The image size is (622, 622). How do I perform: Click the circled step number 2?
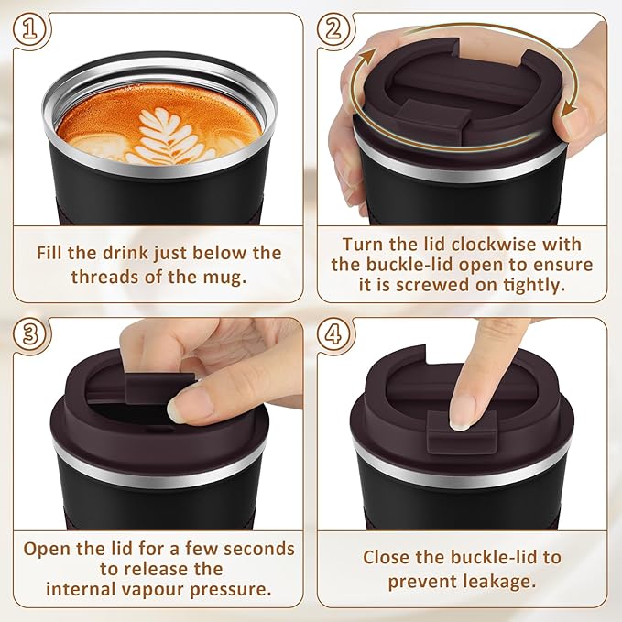pyautogui.click(x=335, y=31)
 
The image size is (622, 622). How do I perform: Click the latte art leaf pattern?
pyautogui.click(x=168, y=134)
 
